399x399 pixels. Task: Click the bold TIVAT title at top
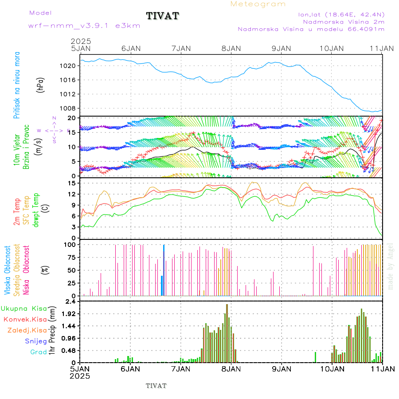click(162, 16)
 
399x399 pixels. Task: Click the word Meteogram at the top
click(258, 4)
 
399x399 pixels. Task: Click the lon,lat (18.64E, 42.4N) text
click(341, 14)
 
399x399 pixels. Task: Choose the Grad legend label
click(39, 352)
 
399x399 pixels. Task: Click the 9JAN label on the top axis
click(281, 48)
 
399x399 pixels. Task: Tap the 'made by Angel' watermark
click(391, 266)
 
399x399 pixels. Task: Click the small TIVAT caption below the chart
click(156, 386)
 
